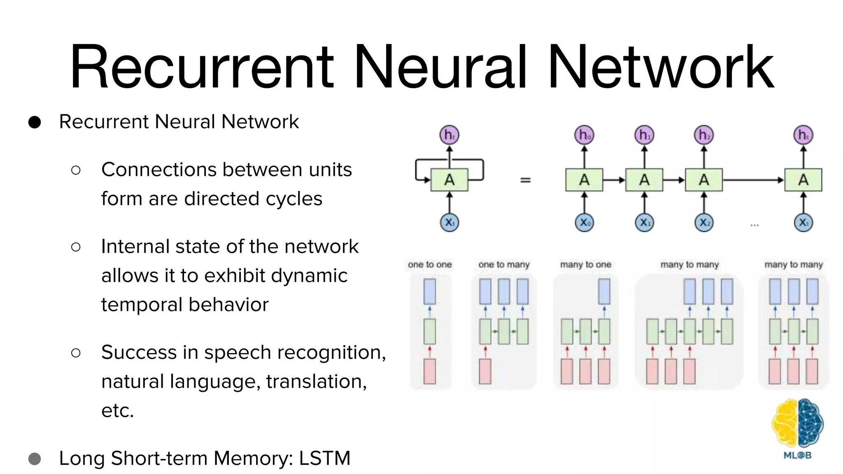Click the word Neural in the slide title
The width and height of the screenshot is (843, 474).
coord(440,68)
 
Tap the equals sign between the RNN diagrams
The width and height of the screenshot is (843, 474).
coord(525,180)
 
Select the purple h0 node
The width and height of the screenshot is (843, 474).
coord(584,135)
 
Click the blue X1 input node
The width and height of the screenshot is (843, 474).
coord(644,223)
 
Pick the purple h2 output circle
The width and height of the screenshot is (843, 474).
coord(704,135)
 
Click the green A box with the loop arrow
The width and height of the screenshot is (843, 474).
coord(449,180)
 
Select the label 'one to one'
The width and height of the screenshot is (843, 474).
coord(430,265)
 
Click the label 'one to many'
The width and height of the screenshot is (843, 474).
coord(504,265)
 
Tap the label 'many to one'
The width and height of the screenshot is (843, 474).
coord(585,265)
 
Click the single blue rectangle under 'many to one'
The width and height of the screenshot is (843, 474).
coord(604,291)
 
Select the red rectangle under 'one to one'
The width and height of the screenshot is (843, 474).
coord(429,371)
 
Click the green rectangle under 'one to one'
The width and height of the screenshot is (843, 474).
coord(429,331)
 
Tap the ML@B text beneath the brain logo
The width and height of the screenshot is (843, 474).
coord(797,455)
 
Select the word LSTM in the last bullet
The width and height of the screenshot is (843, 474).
coord(324,458)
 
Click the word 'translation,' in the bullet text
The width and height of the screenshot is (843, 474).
coord(316,381)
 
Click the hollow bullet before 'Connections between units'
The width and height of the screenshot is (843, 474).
coord(76,170)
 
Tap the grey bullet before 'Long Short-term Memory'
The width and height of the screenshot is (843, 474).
coord(35,459)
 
